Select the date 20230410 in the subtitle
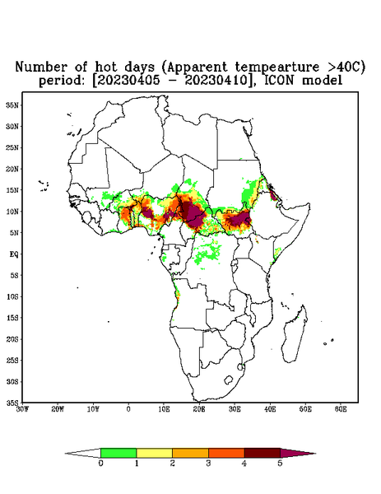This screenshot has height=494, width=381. [216, 81]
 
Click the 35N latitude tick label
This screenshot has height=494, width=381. [12, 105]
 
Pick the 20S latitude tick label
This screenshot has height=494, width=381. [12, 339]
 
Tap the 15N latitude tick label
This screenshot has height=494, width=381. [12, 190]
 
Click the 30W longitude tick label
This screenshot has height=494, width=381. [22, 409]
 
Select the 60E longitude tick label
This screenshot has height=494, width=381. [341, 409]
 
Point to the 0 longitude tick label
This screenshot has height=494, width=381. [128, 409]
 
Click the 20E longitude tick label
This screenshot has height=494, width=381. [199, 409]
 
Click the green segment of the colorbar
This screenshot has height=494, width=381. [118, 453]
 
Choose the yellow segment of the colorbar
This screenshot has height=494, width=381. [154, 453]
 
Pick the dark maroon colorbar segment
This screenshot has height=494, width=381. [263, 453]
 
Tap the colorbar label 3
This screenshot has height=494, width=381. [208, 464]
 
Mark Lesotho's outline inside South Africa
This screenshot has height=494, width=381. [228, 380]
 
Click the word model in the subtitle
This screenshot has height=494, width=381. [322, 81]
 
